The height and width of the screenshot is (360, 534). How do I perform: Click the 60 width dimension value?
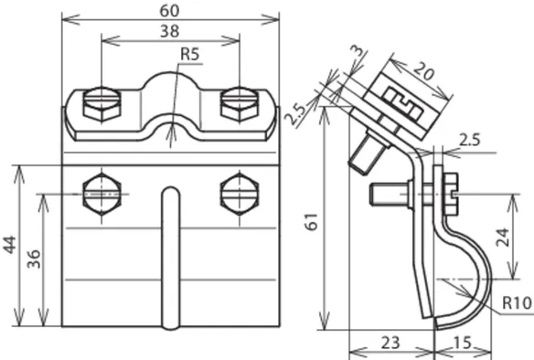pyautogui.click(x=169, y=11)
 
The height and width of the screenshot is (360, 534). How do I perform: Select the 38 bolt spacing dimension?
pyautogui.click(x=169, y=31)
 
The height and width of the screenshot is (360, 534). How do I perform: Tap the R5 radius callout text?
pyautogui.click(x=189, y=55)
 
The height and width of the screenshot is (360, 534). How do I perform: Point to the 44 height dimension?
pyautogui.click(x=9, y=244)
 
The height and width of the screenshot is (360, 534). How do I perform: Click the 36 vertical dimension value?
pyautogui.click(x=33, y=259)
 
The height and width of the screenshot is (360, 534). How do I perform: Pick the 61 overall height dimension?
pyautogui.click(x=312, y=222)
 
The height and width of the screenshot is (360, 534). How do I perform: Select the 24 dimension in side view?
pyautogui.click(x=502, y=238)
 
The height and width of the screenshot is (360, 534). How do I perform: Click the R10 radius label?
pyautogui.click(x=517, y=302)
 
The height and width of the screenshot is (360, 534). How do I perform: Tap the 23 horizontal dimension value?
pyautogui.click(x=390, y=343)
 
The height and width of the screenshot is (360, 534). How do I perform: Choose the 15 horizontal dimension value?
pyautogui.click(x=463, y=343)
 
